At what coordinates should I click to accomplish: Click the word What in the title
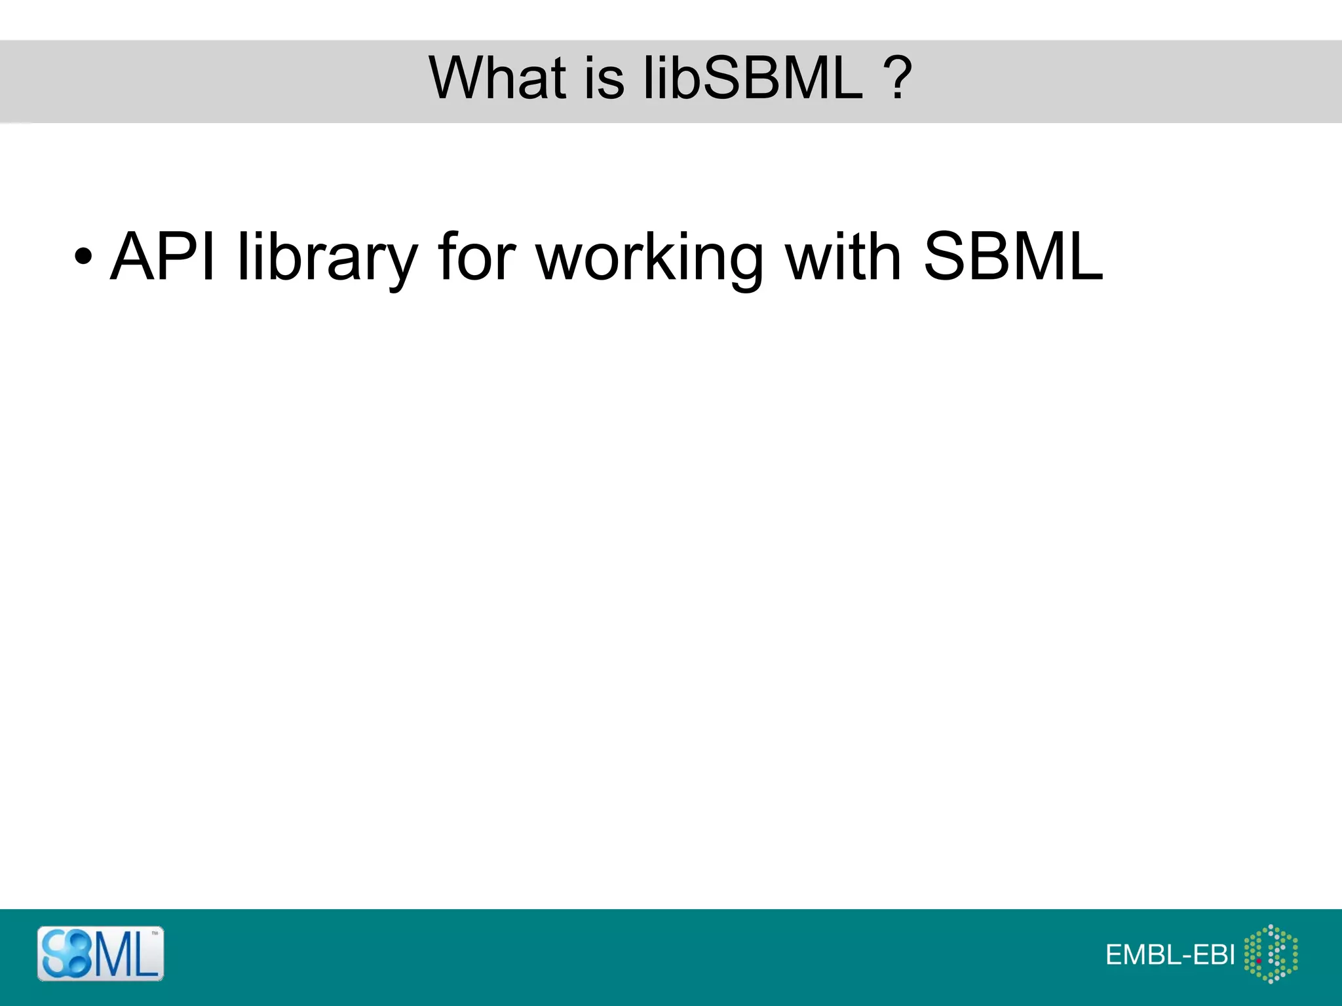coord(497,78)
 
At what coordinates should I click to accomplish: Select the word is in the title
coord(602,79)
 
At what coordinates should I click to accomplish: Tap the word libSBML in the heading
coord(753,78)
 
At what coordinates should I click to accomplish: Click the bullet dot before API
coord(83,257)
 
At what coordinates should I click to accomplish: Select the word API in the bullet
coord(163,257)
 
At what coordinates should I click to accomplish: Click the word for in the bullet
coord(476,257)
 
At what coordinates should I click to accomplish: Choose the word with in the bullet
coord(843,257)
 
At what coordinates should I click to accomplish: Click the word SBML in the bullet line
coord(1013,257)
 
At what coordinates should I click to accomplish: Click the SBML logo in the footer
coord(100,954)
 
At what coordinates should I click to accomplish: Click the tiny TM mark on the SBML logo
coord(155,933)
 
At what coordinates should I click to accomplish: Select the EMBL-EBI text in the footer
coord(1170,955)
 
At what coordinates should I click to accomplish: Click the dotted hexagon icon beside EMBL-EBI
coord(1271,954)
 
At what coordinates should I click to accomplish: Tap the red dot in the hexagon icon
coord(1259,961)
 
